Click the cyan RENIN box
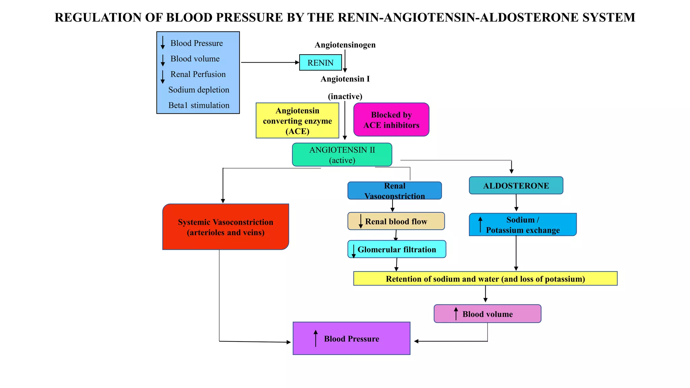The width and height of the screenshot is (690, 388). coord(320,63)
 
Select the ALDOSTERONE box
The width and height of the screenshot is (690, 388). coord(516,186)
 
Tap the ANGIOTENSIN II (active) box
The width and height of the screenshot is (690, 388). coord(342,155)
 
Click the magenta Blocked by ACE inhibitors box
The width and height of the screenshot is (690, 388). coord(391,120)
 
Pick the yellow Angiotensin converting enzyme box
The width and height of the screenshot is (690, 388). coord(297,121)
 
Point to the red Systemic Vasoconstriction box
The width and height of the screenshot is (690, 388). coord(225,227)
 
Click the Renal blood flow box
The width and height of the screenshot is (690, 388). coord(396,221)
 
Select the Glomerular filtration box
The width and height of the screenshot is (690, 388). coord(397,250)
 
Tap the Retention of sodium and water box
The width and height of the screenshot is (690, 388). coord(485,279)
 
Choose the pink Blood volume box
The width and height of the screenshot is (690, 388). coord(488,314)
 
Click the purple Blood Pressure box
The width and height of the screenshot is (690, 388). coord(351,338)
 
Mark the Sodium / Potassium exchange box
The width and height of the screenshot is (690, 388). coord(523,225)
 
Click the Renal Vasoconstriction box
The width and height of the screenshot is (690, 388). coord(395,191)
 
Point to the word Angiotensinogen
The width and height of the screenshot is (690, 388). coord(345,45)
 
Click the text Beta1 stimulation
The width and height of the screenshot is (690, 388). coord(199,105)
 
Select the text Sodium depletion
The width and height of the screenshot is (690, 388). coord(199,90)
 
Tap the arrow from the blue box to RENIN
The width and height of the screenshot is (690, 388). coord(270,62)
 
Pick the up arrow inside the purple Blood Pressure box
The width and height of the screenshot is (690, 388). coord(316,338)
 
